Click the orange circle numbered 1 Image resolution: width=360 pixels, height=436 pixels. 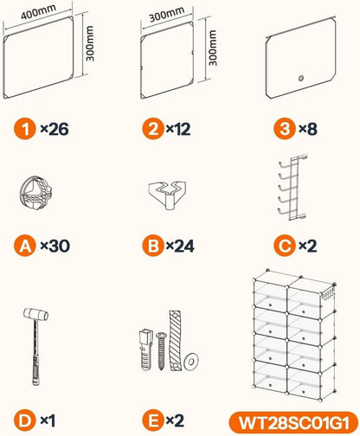click(25, 129)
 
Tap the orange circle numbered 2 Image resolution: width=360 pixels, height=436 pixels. click(153, 129)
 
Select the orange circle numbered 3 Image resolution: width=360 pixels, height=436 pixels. click(285, 129)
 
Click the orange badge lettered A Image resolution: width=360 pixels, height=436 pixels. click(25, 246)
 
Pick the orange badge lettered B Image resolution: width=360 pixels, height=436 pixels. click(153, 246)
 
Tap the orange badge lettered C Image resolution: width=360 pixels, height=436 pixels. click(285, 246)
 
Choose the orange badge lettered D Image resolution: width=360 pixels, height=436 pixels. click(25, 420)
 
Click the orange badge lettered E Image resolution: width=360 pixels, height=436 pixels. click(153, 420)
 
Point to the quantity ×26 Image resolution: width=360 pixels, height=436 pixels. click(55, 129)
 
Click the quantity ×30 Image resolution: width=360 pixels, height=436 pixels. click(55, 246)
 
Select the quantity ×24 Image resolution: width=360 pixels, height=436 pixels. click(180, 246)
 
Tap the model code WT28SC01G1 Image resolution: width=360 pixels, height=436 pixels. click(293, 423)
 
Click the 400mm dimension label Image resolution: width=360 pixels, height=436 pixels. click(38, 12)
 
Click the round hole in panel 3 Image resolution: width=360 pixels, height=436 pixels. click(300, 78)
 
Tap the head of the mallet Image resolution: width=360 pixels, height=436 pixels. click(36, 314)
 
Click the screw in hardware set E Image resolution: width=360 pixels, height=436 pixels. click(161, 351)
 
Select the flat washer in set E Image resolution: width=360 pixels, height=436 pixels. click(191, 361)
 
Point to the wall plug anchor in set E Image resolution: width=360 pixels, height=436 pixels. click(145, 349)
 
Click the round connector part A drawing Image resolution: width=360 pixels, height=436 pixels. click(35, 193)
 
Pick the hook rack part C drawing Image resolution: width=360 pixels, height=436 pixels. click(292, 188)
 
